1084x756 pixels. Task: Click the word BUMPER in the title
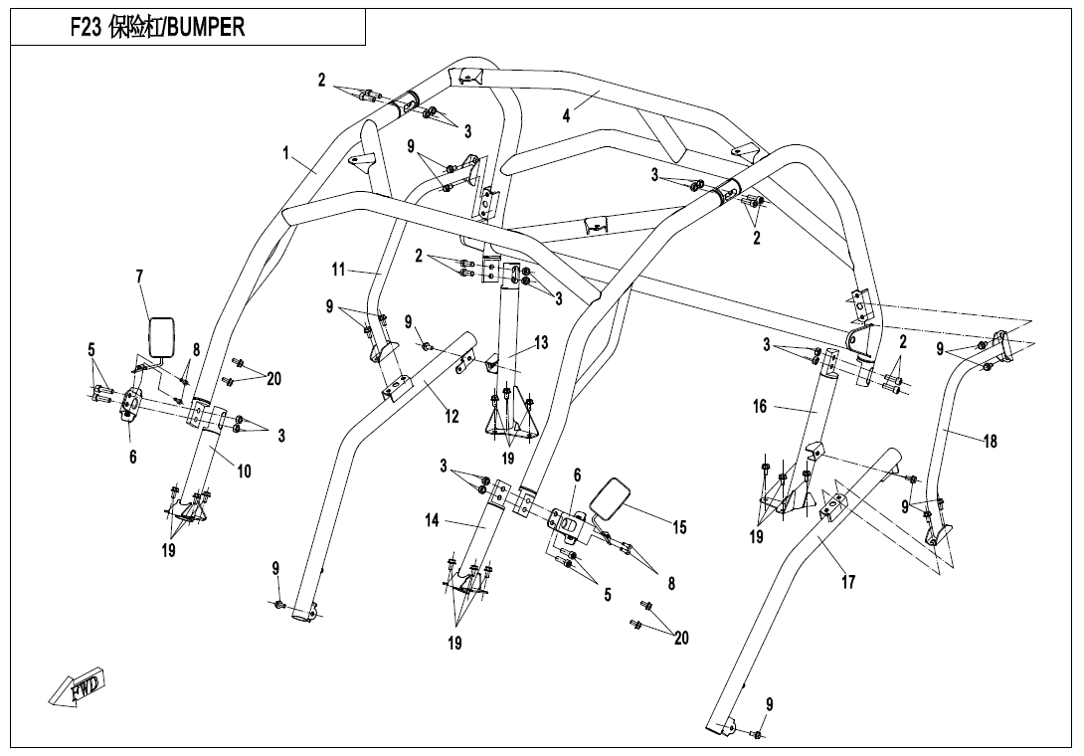(x=206, y=27)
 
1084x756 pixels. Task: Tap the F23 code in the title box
(x=86, y=28)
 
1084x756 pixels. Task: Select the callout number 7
(x=139, y=277)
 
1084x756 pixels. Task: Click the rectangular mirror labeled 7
(x=162, y=337)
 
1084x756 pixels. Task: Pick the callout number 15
(x=679, y=528)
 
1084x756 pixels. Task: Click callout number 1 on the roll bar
(x=285, y=153)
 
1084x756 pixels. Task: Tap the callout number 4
(x=566, y=115)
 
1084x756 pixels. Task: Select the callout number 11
(x=337, y=269)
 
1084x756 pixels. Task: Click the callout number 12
(x=452, y=417)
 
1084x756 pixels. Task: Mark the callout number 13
(x=541, y=341)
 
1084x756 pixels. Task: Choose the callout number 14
(x=432, y=520)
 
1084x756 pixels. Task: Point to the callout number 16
(x=760, y=406)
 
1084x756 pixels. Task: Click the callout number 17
(x=848, y=582)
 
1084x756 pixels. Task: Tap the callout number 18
(x=990, y=441)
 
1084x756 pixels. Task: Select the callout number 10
(x=244, y=472)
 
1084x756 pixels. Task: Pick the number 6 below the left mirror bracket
(x=132, y=457)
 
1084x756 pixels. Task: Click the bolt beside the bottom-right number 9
(x=759, y=734)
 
